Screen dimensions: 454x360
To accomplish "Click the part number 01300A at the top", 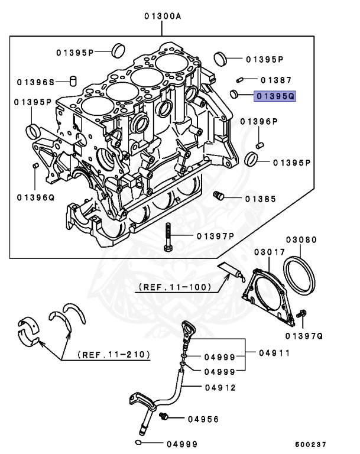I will coord(163,17).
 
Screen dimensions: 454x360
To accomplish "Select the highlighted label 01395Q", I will coord(274,95).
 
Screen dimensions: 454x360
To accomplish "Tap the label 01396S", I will coord(35,82).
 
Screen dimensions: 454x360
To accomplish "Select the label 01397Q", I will coord(303,336).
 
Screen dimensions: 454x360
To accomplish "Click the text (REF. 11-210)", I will coord(113,355).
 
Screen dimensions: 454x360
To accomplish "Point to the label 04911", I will coord(274,353).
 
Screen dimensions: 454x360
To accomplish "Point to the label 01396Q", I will coord(35,197).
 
